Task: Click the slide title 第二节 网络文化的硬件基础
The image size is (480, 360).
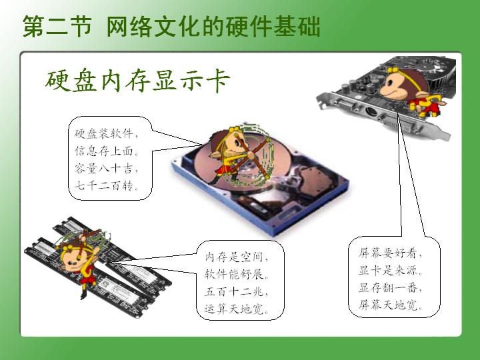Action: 171,26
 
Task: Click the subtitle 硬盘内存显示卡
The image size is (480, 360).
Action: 138,81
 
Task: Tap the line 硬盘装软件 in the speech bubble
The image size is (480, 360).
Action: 107,133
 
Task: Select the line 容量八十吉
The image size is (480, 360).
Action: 107,168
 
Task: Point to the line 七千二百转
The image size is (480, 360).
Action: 107,185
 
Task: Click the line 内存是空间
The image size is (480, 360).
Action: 236,257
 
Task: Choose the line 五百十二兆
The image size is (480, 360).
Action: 236,291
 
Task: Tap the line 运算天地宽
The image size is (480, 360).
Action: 236,309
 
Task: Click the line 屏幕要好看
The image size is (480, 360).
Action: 391,253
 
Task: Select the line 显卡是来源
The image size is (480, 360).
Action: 391,270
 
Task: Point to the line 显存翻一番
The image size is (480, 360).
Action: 391,288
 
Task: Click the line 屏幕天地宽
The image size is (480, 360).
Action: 391,305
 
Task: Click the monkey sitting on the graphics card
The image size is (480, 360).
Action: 410,92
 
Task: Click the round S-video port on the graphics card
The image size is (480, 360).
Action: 371,112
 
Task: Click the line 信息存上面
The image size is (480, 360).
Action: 107,151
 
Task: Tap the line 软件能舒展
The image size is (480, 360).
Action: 236,274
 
